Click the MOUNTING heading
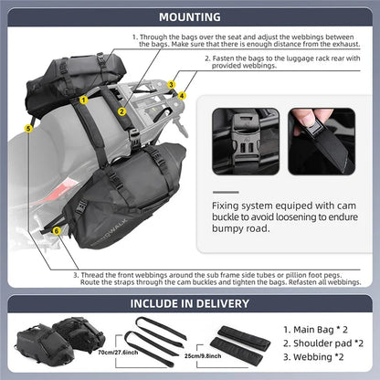point(189,16)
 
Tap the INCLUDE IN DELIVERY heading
point(189,304)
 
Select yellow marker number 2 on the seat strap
point(121,112)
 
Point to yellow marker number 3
point(171,84)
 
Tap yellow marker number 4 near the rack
point(182,95)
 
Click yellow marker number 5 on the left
point(29,130)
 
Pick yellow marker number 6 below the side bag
point(57,231)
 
